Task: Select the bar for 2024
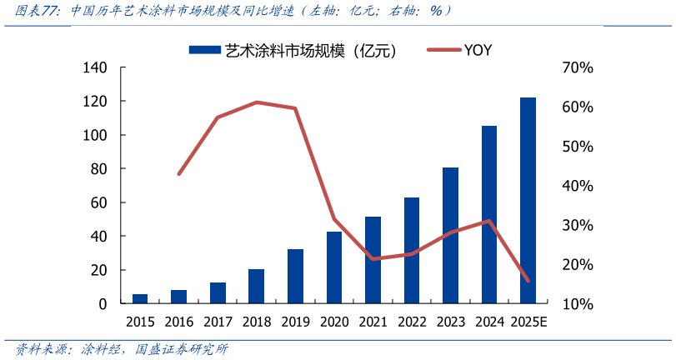click(489, 215)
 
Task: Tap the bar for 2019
click(295, 277)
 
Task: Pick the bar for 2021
click(373, 260)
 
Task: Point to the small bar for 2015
click(140, 299)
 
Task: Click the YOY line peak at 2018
click(257, 102)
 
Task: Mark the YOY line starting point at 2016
click(178, 173)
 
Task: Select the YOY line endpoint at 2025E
click(528, 281)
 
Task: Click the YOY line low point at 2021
click(373, 259)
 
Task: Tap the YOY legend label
click(478, 50)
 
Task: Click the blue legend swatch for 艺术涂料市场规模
click(204, 50)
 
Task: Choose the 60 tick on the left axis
click(98, 202)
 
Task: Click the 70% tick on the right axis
click(578, 67)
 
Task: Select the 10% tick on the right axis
click(578, 304)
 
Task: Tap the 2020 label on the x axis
click(333, 322)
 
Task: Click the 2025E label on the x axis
click(528, 322)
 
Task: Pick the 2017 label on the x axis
click(217, 322)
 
